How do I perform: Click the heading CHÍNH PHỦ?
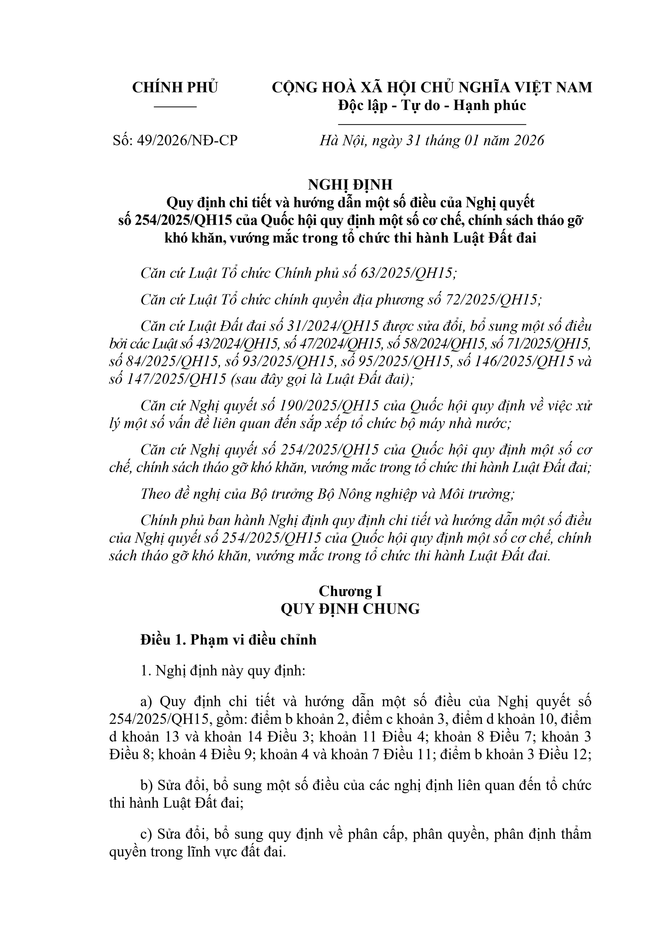(x=175, y=87)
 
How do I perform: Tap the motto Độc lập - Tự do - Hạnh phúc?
(x=432, y=106)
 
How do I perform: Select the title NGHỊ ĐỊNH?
(x=350, y=184)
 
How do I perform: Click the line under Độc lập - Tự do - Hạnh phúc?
(x=432, y=125)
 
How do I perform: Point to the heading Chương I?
(x=350, y=591)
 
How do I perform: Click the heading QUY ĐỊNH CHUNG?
(x=350, y=609)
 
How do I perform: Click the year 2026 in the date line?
(x=527, y=140)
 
